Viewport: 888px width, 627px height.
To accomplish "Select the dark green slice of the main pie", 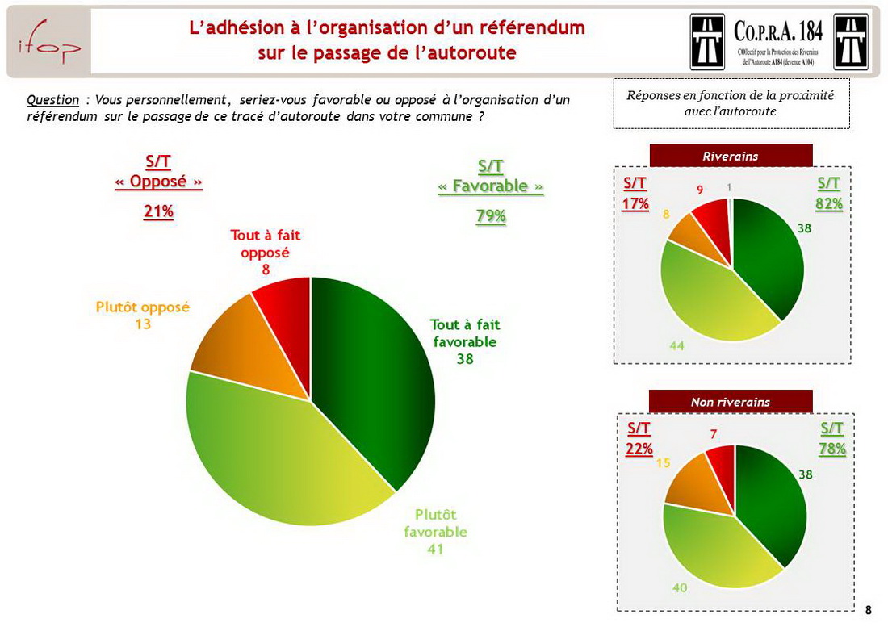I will [367, 379].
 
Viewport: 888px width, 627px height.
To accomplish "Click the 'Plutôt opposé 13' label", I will [143, 316].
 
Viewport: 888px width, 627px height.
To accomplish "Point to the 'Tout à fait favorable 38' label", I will [465, 341].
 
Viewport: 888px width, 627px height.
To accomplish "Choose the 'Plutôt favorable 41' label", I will [436, 532].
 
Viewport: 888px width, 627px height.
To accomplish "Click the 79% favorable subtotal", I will [490, 216].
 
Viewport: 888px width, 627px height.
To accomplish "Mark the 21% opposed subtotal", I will [158, 211].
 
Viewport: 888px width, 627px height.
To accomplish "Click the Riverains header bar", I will [731, 156].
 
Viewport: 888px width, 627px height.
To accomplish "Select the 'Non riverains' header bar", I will [731, 402].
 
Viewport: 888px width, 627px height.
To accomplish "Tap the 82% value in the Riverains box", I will [829, 204].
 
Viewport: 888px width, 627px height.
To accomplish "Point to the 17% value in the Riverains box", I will [635, 204].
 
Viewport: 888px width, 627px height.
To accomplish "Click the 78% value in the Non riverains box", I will [832, 449].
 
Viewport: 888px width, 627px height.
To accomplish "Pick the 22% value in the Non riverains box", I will [639, 449].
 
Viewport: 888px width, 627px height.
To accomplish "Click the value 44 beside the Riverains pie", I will [676, 345].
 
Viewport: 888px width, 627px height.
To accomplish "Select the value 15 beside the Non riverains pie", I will [663, 463].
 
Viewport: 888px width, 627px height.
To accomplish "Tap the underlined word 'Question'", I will [52, 100].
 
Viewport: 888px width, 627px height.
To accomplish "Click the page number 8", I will [869, 610].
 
